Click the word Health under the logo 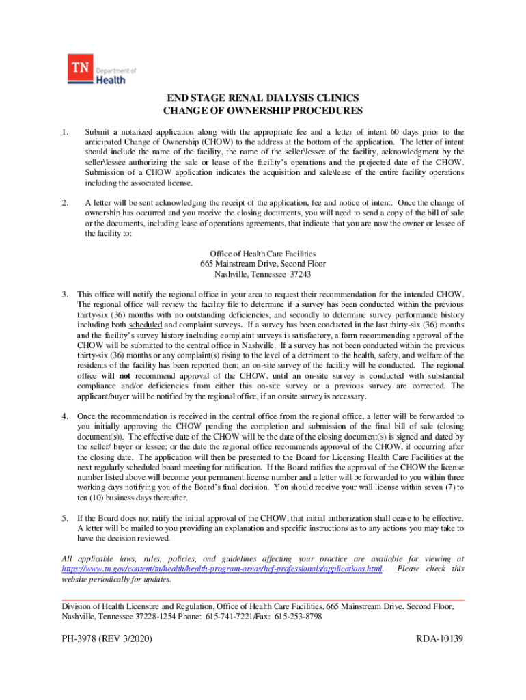click(x=111, y=79)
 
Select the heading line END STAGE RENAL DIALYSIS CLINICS click(x=263, y=98)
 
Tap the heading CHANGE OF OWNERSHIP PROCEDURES click(x=263, y=111)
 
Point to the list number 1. click(x=64, y=132)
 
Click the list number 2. click(x=64, y=203)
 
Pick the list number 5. click(x=64, y=517)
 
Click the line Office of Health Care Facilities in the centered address click(x=263, y=254)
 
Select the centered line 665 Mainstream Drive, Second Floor click(x=263, y=264)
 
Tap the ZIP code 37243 click(x=300, y=274)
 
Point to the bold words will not click(x=116, y=376)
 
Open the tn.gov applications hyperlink click(x=222, y=569)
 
